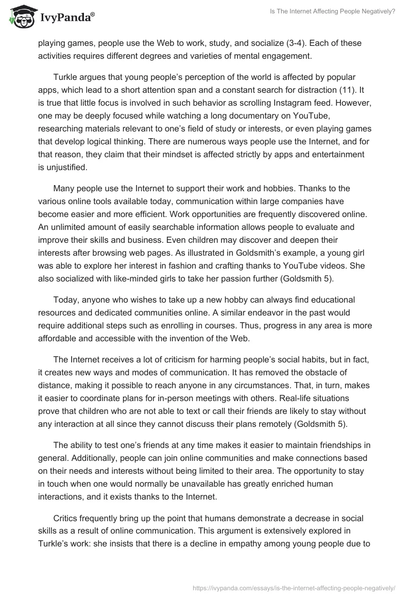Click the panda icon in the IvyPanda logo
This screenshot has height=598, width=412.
coord(19,18)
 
